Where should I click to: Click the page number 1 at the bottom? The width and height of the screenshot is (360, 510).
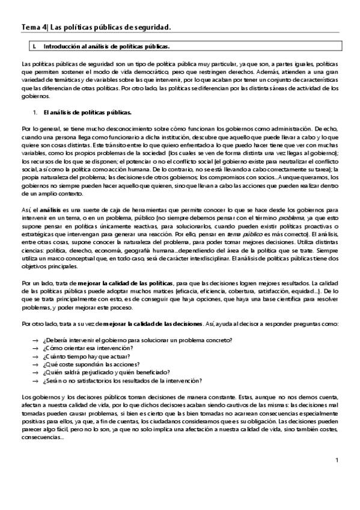337,460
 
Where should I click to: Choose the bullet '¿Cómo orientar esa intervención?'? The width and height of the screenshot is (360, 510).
88,349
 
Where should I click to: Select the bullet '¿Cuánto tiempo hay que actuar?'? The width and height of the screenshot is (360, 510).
85,357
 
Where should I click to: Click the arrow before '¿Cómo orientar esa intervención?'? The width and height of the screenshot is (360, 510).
36,349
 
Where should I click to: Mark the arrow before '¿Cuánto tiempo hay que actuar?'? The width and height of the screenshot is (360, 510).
36,357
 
